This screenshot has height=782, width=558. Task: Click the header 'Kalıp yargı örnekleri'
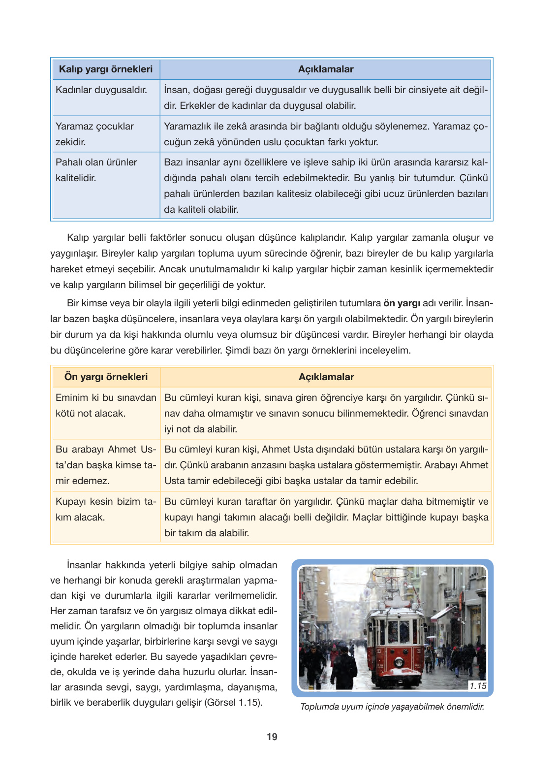(x=106, y=69)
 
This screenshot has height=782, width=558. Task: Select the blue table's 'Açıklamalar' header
(x=325, y=69)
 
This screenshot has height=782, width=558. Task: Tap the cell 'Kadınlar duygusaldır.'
(x=101, y=90)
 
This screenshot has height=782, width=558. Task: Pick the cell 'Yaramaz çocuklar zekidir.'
(x=94, y=134)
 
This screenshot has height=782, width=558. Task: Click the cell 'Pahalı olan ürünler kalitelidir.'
(x=96, y=170)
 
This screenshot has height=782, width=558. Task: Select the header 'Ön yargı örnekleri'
(x=106, y=377)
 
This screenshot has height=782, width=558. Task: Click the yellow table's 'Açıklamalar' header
(x=326, y=377)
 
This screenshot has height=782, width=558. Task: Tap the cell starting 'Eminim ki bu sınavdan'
(x=106, y=405)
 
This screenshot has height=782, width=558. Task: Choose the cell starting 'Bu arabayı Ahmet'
(x=106, y=465)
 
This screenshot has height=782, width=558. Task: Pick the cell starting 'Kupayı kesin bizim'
(x=106, y=509)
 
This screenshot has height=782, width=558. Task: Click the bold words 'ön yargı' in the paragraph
(x=402, y=303)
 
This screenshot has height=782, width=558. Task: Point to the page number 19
(x=272, y=737)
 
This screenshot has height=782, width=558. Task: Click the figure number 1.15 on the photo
(x=477, y=686)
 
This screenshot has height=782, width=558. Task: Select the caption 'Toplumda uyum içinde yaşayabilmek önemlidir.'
(x=392, y=707)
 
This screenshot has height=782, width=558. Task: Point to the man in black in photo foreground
(x=343, y=667)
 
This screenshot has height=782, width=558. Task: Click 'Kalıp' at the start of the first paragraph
(x=78, y=238)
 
